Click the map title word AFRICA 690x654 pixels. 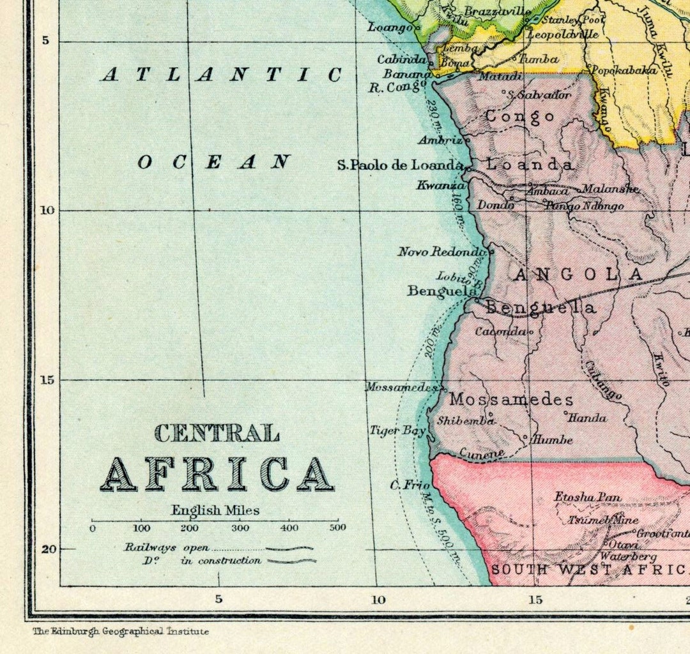pos(217,475)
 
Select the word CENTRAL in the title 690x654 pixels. pos(217,433)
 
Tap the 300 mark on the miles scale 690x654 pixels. pos(240,528)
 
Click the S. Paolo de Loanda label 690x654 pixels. pos(400,165)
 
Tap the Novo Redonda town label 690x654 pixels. pos(441,252)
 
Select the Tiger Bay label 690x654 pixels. pos(397,430)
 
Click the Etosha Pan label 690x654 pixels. pos(587,497)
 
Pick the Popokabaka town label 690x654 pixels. pos(624,70)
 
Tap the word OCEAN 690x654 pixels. pos(214,162)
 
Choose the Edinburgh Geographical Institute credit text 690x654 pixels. pos(121,631)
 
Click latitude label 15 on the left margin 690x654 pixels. pos(47,380)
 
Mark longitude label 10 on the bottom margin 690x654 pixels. pos(378,599)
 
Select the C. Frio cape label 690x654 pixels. pos(410,485)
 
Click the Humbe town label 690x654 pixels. pos(552,439)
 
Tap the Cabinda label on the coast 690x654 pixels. pos(401,59)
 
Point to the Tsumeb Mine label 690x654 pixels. pos(603,520)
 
